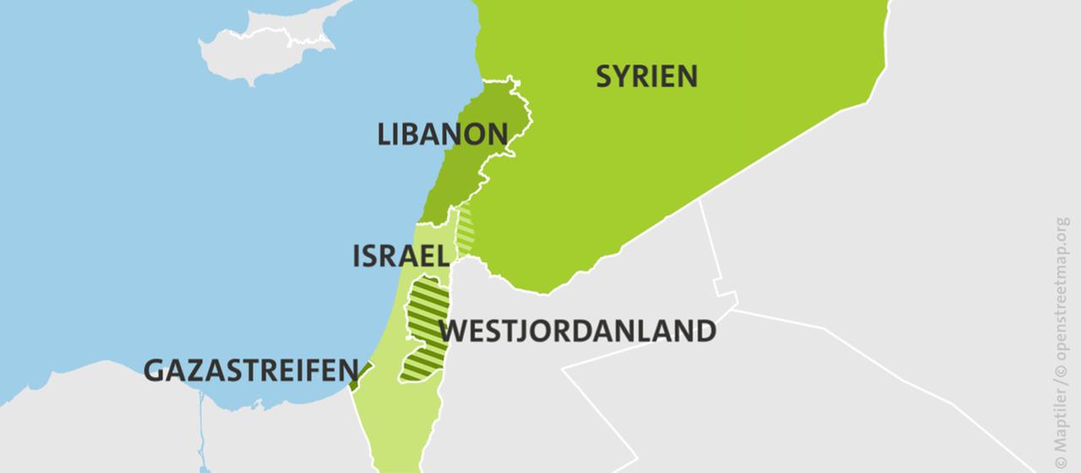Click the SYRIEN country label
click(647, 77)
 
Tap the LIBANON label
click(443, 134)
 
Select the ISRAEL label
click(399, 256)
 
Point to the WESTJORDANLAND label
click(579, 330)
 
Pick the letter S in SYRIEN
click(605, 77)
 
